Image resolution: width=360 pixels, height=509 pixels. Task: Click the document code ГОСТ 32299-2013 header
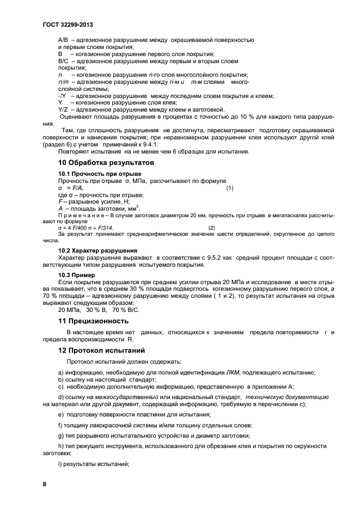click(x=64, y=24)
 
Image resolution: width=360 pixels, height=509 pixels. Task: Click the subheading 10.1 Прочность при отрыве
click(x=91, y=174)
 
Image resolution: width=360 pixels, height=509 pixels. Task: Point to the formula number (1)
click(x=229, y=188)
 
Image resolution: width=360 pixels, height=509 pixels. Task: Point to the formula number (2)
click(x=211, y=227)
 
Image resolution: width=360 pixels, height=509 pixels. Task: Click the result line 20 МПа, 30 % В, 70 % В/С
click(x=99, y=309)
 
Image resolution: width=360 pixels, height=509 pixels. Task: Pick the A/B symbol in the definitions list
click(x=62, y=40)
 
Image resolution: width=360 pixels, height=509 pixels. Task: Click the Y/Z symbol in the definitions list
click(x=62, y=109)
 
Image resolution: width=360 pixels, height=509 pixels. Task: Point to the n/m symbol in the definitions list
click(x=63, y=82)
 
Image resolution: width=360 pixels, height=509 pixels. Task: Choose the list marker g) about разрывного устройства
click(x=60, y=436)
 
